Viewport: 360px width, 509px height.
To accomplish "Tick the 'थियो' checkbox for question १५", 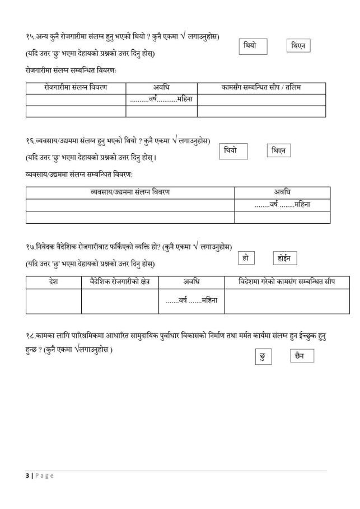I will (253, 46).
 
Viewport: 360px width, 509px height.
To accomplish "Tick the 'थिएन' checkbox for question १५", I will (298, 46).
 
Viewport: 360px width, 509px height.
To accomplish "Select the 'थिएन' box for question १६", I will (278, 151).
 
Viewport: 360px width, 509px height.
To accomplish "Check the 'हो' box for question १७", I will (246, 258).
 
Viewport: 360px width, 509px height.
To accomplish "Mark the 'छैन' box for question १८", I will (302, 356).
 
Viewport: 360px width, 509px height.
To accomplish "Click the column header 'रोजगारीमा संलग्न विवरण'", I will (76, 88).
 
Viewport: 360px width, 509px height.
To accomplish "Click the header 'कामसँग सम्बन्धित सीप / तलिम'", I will (261, 88).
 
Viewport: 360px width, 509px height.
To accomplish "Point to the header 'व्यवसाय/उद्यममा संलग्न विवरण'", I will (130, 192).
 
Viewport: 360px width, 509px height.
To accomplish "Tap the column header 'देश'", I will (53, 281).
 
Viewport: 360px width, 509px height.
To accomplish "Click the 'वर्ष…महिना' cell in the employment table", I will (161, 100).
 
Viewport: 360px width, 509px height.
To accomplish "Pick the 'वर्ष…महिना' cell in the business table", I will (282, 205).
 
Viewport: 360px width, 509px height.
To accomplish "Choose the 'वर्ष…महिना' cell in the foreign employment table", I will (191, 301).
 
